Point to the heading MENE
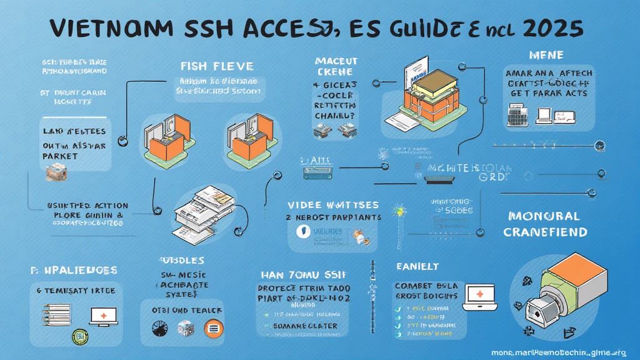point(546,55)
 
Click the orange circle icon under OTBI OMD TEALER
point(212,327)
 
